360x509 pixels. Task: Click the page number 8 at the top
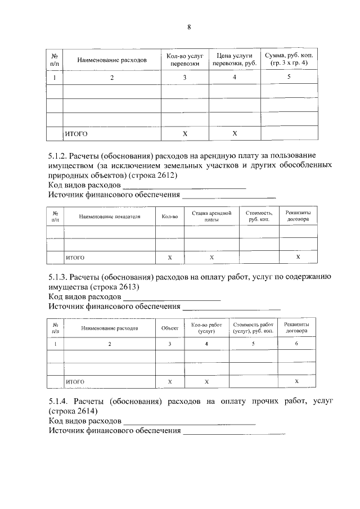click(x=189, y=27)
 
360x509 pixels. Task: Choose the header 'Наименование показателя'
click(x=109, y=217)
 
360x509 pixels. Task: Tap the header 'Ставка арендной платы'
click(x=211, y=217)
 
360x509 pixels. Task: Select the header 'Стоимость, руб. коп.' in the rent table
click(x=259, y=217)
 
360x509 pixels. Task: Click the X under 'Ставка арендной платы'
click(x=211, y=257)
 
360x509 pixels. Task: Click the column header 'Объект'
click(x=170, y=328)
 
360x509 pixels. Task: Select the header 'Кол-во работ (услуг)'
click(x=206, y=328)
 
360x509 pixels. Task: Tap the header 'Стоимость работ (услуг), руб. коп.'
click(x=253, y=328)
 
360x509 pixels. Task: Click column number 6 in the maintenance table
click(x=296, y=343)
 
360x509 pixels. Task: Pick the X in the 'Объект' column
click(x=170, y=382)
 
